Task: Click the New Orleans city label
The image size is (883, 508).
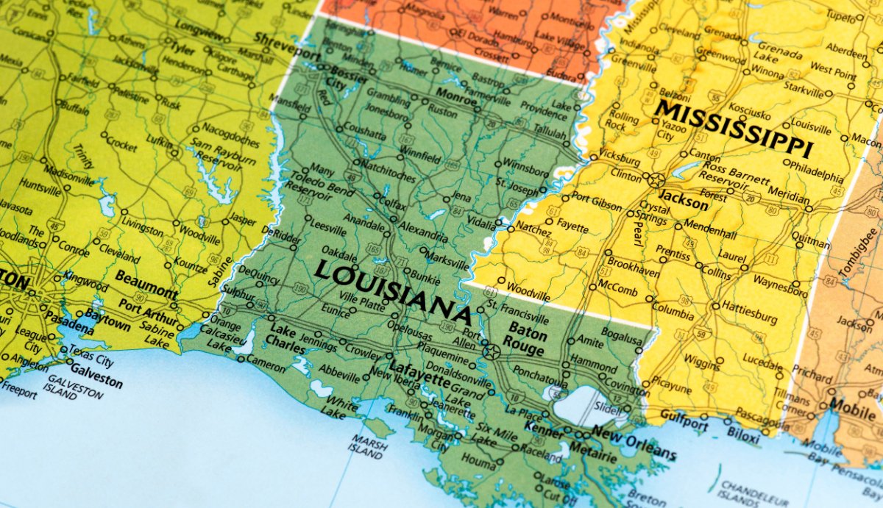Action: tap(634, 441)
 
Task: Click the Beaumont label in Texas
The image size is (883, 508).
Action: tap(146, 286)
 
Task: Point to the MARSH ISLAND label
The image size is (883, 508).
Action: tap(366, 447)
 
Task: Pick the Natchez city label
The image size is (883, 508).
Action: tap(533, 230)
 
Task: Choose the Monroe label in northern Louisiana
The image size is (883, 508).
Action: tap(457, 96)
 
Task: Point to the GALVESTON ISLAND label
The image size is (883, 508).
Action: tap(75, 387)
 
